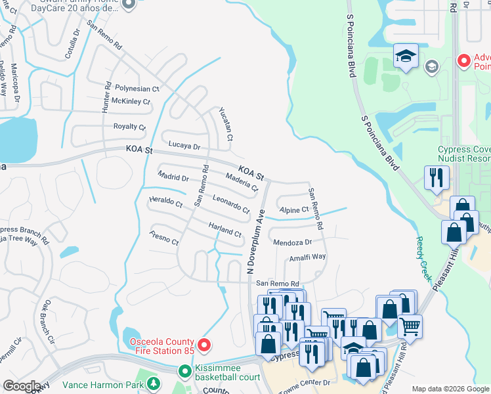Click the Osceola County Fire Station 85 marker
point(204,344)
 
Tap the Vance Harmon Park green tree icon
point(153,383)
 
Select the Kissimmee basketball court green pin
point(186,371)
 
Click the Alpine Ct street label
point(294,210)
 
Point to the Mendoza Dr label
point(292,242)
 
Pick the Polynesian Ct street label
point(137,88)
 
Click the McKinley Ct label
point(131,102)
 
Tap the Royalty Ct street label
point(129,127)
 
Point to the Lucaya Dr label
point(184,145)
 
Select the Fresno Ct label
point(164,238)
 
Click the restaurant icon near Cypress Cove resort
point(437,177)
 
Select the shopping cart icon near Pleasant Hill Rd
point(410,325)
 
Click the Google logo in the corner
point(22,386)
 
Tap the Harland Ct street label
point(225,230)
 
